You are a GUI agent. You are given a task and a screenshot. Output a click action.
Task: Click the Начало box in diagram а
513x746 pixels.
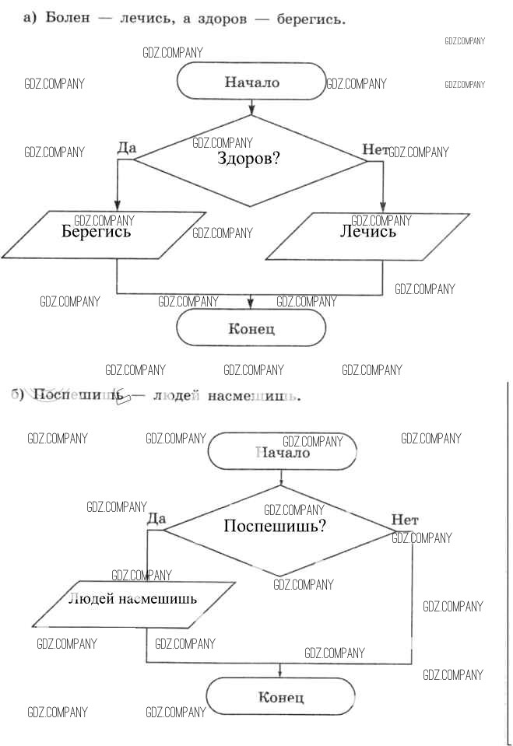click(251, 82)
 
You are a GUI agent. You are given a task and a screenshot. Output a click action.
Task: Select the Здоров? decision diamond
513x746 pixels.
click(251, 160)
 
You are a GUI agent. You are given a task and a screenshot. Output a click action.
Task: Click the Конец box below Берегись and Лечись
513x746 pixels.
click(251, 328)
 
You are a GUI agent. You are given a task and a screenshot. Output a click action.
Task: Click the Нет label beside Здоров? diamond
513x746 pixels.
click(374, 149)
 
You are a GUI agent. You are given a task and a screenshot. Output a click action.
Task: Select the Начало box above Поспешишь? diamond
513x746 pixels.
click(283, 452)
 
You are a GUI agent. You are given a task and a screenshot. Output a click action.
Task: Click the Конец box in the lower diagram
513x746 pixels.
click(280, 696)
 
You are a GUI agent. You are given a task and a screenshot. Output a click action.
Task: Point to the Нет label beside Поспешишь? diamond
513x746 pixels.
click(405, 519)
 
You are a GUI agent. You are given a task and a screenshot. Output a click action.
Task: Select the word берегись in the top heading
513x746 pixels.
click(311, 18)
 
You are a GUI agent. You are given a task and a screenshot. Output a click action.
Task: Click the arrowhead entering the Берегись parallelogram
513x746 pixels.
click(117, 206)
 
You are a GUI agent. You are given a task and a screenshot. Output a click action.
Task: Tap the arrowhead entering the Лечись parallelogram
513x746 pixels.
click(383, 206)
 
